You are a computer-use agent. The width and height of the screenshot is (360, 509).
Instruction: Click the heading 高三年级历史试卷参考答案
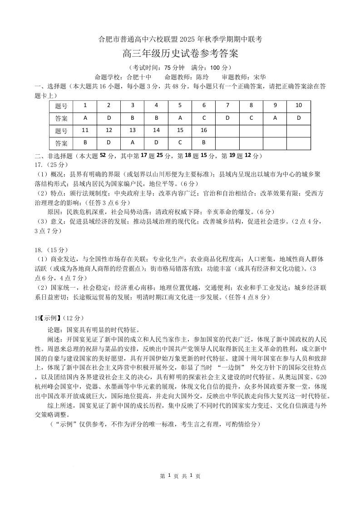[x=180, y=54]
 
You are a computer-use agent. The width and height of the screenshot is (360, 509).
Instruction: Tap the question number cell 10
[x=298, y=105]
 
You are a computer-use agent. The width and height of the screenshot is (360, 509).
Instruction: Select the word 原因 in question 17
[x=54, y=211]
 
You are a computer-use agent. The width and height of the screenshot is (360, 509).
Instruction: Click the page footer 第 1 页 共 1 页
[x=180, y=476]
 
